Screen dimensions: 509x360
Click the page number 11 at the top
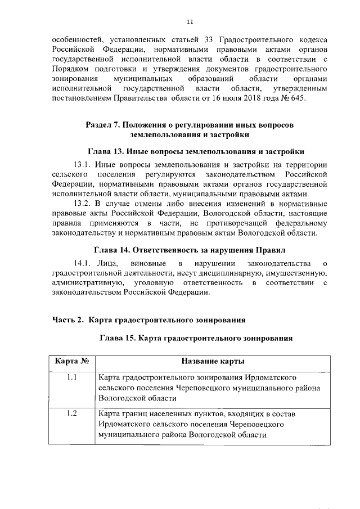190,21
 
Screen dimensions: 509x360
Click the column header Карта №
72,361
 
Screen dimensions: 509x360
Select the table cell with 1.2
72,414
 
